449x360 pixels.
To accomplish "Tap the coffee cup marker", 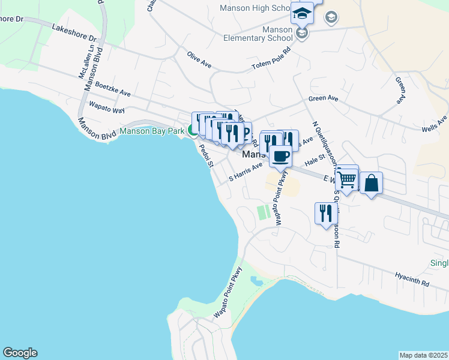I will (x=280, y=157).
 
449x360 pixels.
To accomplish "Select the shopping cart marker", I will (x=347, y=178).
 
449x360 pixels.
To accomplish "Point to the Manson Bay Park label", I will (x=152, y=131).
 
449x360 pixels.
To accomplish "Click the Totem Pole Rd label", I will (x=270, y=53).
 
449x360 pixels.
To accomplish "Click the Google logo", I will (x=20, y=353).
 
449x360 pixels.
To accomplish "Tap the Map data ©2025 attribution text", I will (x=423, y=355).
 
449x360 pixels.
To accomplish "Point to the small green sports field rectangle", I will (x=262, y=212).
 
